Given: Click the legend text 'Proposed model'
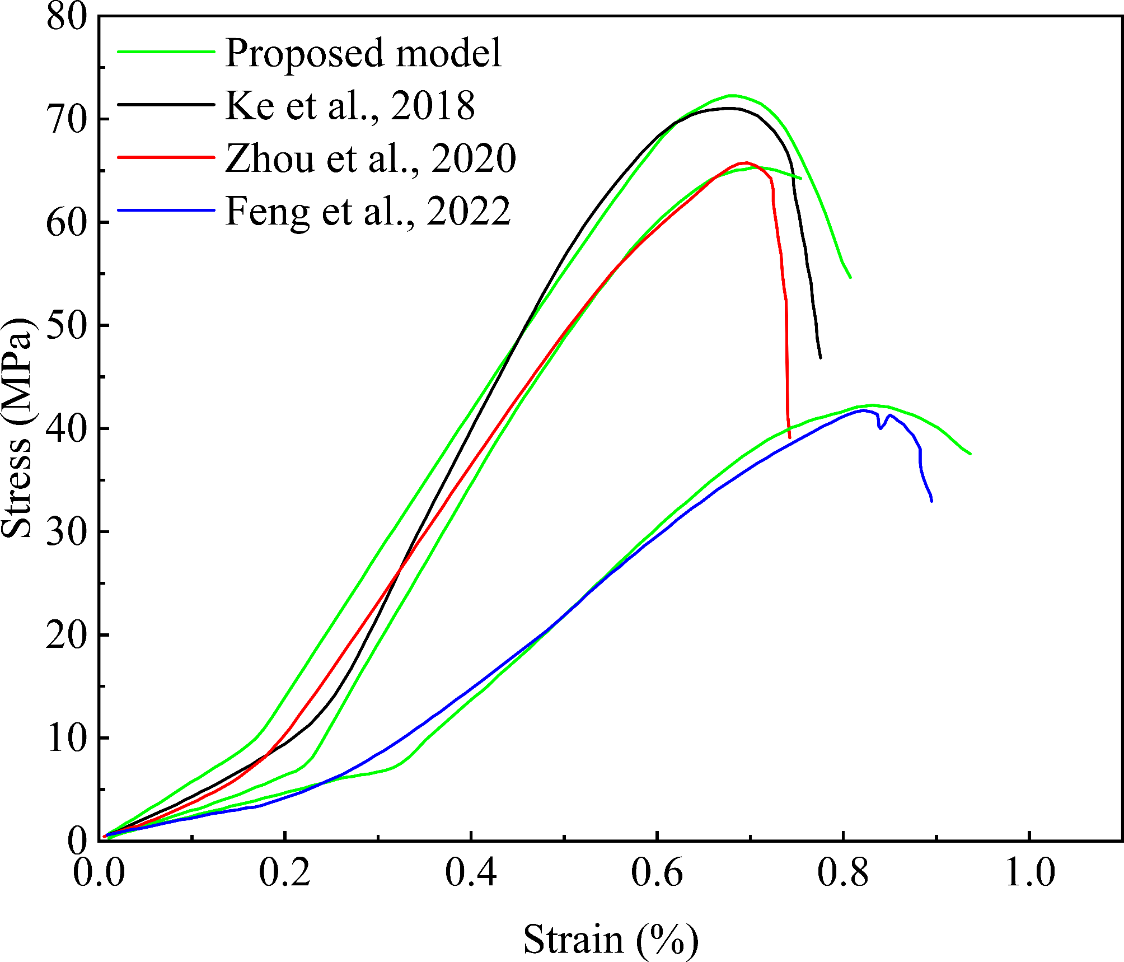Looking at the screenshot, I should point(363,53).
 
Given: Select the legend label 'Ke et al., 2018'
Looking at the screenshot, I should point(350,105).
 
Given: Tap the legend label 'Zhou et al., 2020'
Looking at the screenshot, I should point(370,158).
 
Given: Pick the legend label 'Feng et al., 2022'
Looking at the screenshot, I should point(368,211).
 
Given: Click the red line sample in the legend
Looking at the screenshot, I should point(166,157).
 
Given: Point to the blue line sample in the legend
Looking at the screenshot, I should point(166,211).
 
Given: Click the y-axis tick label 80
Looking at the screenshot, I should point(67,17).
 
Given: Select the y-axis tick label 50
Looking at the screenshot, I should point(67,325).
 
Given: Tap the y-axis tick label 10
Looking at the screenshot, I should point(67,739).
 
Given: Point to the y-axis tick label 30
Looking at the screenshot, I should point(67,531).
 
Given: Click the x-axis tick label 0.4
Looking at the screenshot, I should point(471,873).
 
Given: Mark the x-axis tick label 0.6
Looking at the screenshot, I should point(657,873).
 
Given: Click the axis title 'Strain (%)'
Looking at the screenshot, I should point(611,939).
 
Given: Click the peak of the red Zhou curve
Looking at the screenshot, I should point(746,163).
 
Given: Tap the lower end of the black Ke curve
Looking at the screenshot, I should point(821,358).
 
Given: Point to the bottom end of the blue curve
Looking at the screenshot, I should point(931,501).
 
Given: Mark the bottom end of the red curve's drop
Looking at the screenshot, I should point(789,437).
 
